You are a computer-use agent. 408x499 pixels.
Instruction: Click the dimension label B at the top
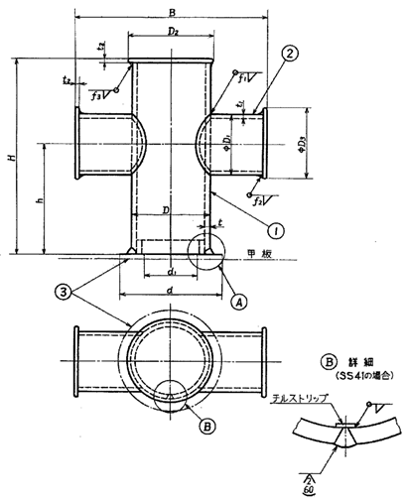pyautogui.click(x=172, y=12)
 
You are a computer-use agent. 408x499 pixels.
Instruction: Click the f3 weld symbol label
pyautogui.click(x=98, y=97)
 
